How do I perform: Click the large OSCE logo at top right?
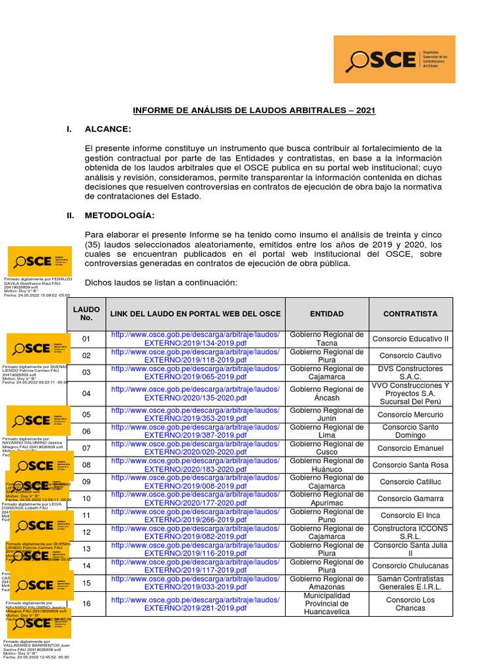(394, 59)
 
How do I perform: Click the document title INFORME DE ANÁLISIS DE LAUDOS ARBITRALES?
(254, 110)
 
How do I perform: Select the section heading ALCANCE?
(108, 129)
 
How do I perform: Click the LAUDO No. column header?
(86, 314)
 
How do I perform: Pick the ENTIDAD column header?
(326, 314)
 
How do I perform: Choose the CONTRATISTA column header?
(410, 314)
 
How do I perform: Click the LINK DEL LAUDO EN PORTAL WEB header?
(195, 314)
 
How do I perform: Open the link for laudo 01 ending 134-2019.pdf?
(195, 339)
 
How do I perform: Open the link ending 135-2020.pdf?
(195, 393)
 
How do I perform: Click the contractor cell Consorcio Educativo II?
(410, 339)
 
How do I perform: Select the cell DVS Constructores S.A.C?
(410, 372)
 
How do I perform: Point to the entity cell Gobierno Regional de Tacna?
(326, 339)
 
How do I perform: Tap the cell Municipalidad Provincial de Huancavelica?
(326, 604)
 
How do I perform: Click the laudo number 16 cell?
(86, 604)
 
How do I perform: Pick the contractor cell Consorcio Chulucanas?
(410, 566)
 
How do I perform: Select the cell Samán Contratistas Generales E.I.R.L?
(410, 583)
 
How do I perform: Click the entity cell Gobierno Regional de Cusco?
(326, 448)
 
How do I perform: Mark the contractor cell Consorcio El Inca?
(410, 515)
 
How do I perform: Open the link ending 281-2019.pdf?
(195, 604)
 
